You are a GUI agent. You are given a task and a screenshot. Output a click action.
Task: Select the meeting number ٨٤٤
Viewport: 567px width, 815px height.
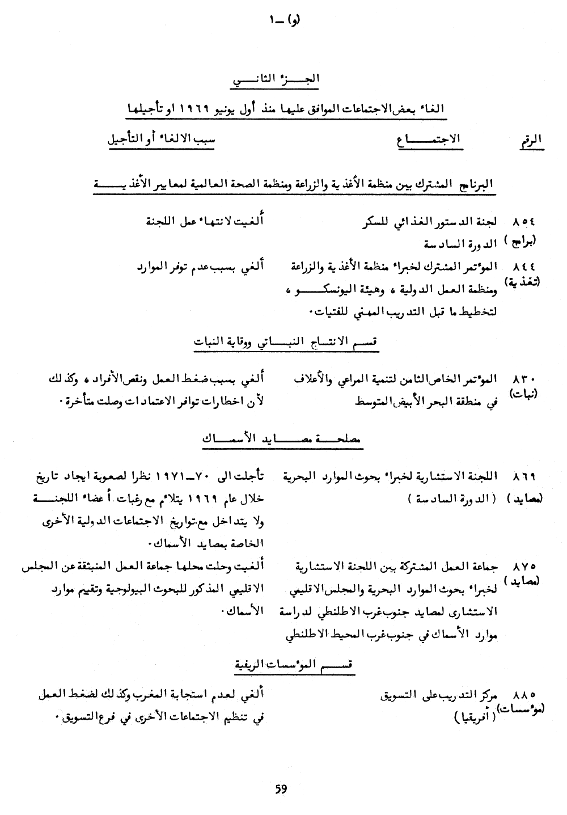(x=524, y=266)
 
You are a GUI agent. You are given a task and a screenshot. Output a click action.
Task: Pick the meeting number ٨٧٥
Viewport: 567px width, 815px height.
(x=524, y=566)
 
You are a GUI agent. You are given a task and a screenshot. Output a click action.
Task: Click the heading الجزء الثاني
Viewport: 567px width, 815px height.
(x=276, y=81)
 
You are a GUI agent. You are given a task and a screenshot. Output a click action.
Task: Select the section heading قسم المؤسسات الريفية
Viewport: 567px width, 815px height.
(x=294, y=664)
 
